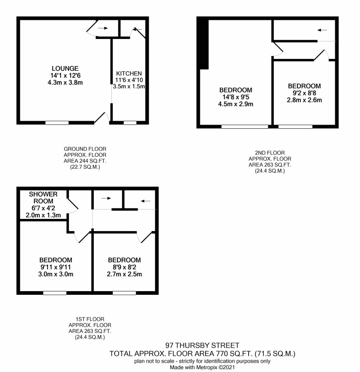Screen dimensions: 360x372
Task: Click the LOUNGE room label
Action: [65, 68]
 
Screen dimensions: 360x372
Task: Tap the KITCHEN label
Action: [129, 74]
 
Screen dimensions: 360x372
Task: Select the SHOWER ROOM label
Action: [43, 198]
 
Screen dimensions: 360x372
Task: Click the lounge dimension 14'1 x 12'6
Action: [65, 76]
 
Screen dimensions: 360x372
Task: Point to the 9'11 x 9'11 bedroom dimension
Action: [56, 267]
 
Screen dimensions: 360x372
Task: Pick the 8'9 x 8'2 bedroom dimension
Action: [124, 267]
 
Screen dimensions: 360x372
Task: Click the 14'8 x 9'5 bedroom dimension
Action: [236, 97]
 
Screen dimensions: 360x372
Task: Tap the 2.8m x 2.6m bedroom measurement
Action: [304, 100]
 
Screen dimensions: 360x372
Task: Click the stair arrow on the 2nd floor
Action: [322, 30]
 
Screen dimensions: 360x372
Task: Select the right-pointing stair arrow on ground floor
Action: [103, 28]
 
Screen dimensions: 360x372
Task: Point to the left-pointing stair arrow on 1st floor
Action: [145, 201]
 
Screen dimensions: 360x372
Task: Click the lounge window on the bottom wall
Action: [57, 123]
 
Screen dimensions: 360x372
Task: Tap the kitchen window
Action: [130, 123]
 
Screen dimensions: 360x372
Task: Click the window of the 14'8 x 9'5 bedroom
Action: [245, 127]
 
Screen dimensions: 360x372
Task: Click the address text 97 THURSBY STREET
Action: [202, 345]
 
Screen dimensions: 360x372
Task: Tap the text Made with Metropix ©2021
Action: [202, 368]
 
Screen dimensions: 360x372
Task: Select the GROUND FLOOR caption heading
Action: [85, 149]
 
